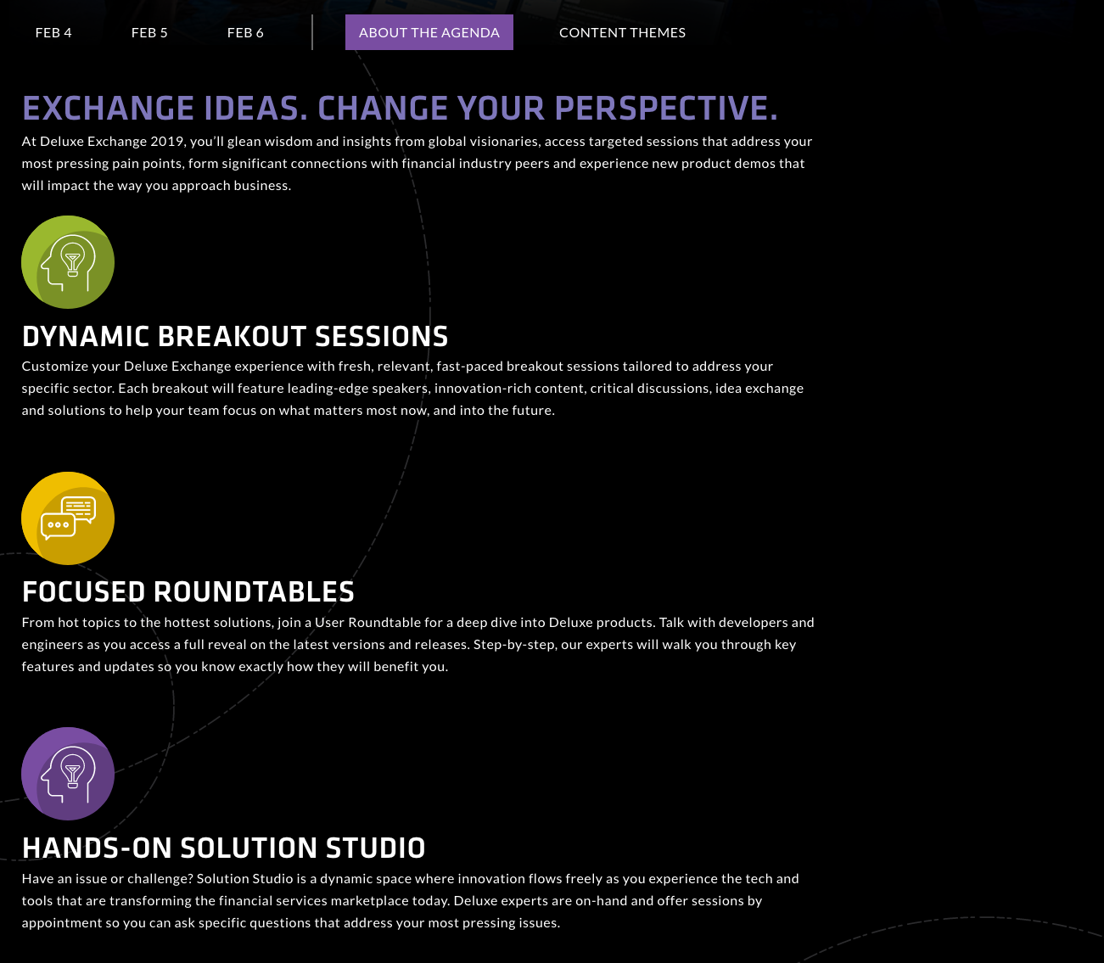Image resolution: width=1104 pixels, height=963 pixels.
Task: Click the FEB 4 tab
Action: coord(53,33)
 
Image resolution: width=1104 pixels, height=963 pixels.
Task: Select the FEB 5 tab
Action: coord(149,33)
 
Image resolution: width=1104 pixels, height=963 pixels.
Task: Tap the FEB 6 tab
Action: coord(245,33)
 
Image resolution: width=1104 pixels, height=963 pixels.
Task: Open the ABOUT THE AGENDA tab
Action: coord(429,32)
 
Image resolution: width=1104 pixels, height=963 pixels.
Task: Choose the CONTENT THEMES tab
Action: coord(622,33)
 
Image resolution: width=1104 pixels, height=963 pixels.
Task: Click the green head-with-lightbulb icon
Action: coord(68,262)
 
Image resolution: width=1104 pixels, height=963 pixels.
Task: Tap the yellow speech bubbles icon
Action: coord(68,518)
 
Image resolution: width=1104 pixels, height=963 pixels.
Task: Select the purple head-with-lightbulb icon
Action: coord(68,774)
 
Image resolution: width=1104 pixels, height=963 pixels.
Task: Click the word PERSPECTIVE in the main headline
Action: coord(666,108)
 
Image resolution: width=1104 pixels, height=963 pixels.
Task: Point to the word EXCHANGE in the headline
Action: coord(108,108)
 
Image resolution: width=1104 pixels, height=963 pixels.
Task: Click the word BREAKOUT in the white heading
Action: coord(232,336)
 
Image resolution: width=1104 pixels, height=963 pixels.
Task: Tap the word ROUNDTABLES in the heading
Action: coord(254,592)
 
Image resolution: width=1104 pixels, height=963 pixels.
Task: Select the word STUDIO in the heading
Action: coord(376,848)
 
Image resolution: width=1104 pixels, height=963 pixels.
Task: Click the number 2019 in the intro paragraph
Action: coord(168,142)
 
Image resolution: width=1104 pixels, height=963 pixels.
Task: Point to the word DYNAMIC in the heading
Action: coord(85,336)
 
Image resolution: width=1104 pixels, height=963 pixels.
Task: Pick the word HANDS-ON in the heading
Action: coord(97,848)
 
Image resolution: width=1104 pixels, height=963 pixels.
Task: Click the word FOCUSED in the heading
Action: coord(84,592)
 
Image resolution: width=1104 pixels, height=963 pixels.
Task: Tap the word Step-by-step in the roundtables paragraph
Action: coord(515,645)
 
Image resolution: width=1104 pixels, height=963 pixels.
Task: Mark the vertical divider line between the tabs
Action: coord(312,32)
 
